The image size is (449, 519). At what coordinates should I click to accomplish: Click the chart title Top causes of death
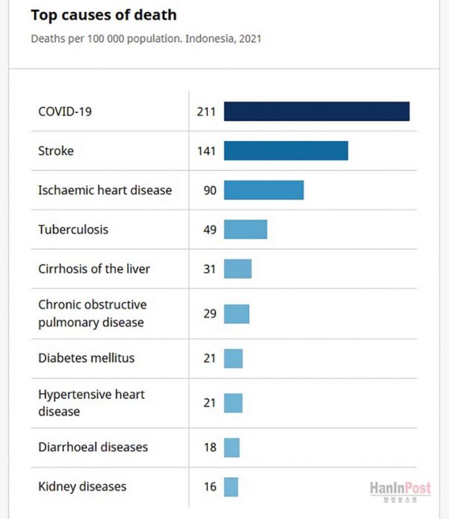pyautogui.click(x=104, y=15)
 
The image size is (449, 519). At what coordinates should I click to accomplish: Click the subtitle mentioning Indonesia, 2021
pyautogui.click(x=146, y=38)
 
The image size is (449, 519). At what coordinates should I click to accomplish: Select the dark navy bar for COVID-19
pyautogui.click(x=316, y=111)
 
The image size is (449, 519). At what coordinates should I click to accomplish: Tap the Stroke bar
pyautogui.click(x=285, y=150)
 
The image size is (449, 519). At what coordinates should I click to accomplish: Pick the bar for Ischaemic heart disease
pyautogui.click(x=264, y=190)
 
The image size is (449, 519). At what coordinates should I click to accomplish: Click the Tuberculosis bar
pyautogui.click(x=245, y=229)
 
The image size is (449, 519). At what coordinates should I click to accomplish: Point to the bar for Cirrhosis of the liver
pyautogui.click(x=237, y=268)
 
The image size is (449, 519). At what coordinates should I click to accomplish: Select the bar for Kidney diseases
pyautogui.click(x=231, y=487)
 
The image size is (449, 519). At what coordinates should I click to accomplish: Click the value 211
pyautogui.click(x=206, y=111)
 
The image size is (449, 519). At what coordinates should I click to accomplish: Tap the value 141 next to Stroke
pyautogui.click(x=206, y=150)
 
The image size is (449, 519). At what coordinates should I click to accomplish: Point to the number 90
pyautogui.click(x=209, y=190)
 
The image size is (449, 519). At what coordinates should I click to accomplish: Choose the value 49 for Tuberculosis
pyautogui.click(x=209, y=229)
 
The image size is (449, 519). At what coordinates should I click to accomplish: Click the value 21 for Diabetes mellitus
pyautogui.click(x=209, y=358)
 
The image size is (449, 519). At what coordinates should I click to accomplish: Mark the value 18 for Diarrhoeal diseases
pyautogui.click(x=209, y=447)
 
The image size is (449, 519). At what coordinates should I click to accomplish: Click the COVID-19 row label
pyautogui.click(x=65, y=111)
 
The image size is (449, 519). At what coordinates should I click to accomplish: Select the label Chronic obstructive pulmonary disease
pyautogui.click(x=92, y=313)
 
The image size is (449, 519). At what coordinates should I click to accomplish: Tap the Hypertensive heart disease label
pyautogui.click(x=91, y=402)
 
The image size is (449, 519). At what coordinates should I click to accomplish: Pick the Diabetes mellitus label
pyautogui.click(x=86, y=358)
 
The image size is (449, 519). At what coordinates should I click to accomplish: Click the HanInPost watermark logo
pyautogui.click(x=400, y=489)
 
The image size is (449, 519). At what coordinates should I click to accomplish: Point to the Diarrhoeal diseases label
pyautogui.click(x=93, y=447)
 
